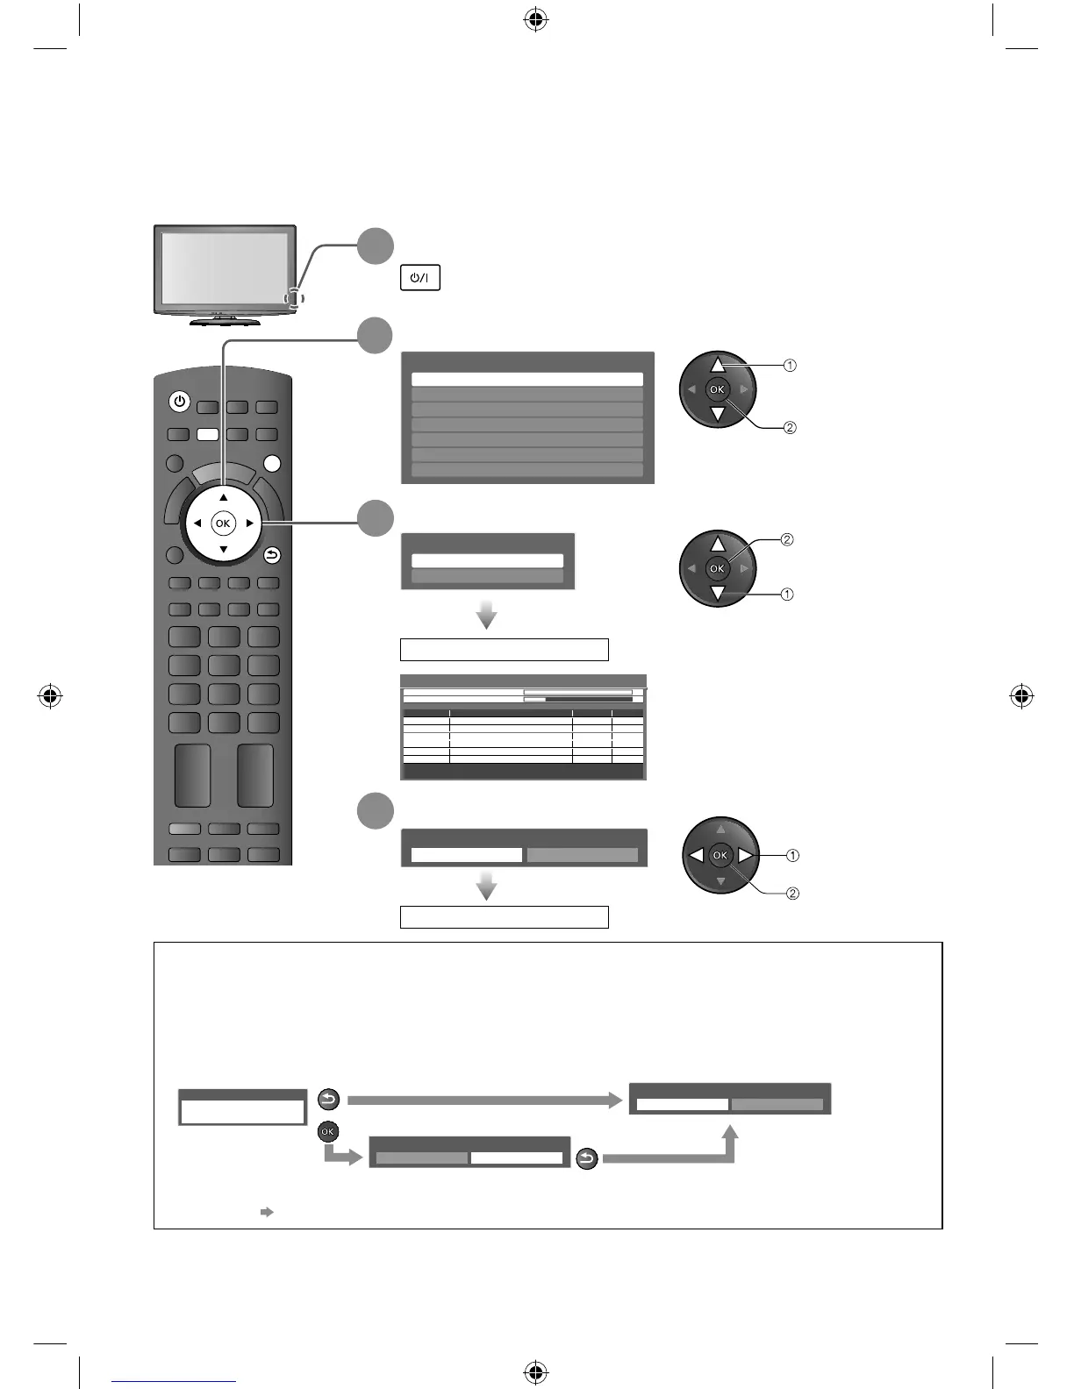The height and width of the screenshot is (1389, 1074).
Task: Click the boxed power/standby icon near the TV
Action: click(x=420, y=278)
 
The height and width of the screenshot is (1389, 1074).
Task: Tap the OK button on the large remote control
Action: click(x=223, y=524)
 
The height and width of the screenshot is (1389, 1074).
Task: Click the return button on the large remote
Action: click(x=272, y=554)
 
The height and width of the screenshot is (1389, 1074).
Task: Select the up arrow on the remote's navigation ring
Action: click(x=223, y=497)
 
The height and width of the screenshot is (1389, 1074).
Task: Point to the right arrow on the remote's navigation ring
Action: click(x=250, y=524)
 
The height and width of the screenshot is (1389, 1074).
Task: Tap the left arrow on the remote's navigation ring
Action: click(x=197, y=524)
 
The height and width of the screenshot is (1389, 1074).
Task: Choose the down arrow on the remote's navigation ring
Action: click(x=223, y=550)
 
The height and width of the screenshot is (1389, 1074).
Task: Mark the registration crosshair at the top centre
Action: click(x=535, y=20)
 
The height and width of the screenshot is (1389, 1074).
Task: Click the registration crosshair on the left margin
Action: click(x=51, y=697)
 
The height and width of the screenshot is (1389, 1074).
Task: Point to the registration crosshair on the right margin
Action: click(x=1021, y=697)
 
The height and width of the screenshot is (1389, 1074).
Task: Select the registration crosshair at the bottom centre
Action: click(x=535, y=1371)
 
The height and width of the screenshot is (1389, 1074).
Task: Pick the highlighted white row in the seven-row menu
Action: click(x=526, y=380)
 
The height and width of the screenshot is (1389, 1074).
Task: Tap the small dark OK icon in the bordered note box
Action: click(x=328, y=1132)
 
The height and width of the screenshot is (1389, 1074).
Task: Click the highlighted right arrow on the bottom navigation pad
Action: click(x=745, y=855)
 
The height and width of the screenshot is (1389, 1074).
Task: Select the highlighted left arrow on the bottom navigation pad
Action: click(x=696, y=855)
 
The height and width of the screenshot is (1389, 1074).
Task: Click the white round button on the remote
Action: click(x=272, y=464)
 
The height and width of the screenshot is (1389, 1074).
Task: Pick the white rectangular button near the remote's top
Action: click(x=207, y=434)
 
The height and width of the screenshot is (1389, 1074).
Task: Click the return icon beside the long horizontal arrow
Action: click(x=328, y=1100)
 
